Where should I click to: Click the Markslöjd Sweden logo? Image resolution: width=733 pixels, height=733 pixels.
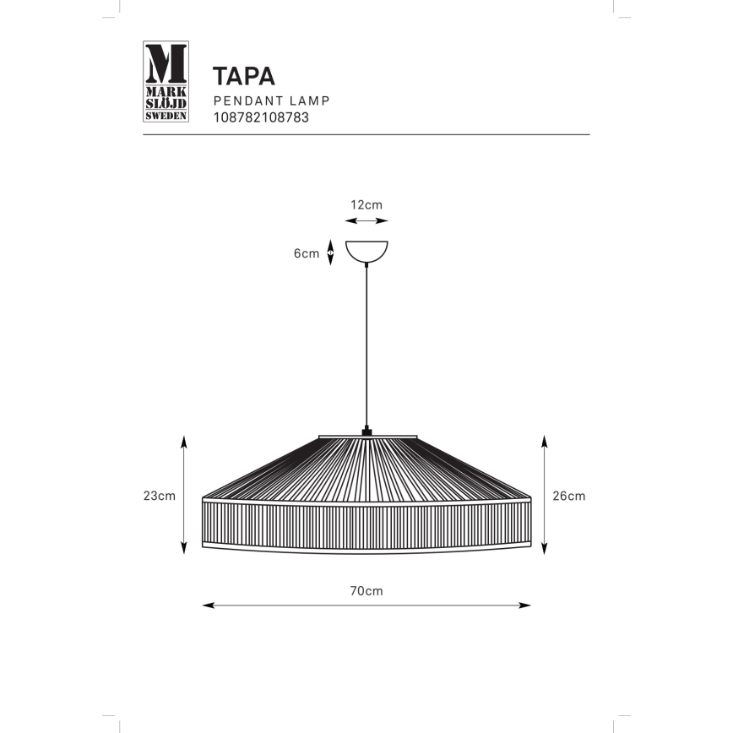166,82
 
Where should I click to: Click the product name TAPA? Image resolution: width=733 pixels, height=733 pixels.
244,76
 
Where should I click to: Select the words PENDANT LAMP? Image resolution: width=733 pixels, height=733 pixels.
270,100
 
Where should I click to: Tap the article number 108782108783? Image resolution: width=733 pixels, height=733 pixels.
260,117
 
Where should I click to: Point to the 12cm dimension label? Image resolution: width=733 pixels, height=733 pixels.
366,204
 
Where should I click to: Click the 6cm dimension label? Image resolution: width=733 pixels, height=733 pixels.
306,253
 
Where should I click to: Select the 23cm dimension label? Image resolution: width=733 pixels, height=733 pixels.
160,496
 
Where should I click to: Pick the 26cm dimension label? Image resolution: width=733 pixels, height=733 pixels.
568,496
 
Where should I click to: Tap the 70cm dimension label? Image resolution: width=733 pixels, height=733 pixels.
366,591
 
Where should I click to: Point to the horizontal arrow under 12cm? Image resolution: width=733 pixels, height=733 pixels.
367,221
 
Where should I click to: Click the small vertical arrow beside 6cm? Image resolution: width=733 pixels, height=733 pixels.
330,252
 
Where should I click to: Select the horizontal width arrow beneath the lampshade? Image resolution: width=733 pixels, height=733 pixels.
366,605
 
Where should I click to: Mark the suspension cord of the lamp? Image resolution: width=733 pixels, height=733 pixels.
367,346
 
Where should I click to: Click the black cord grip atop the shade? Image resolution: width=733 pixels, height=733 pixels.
367,432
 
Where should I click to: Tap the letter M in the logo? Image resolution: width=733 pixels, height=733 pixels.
166,62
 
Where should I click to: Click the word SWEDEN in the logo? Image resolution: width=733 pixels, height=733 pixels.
166,116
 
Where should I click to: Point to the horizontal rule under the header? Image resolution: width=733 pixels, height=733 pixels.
366,135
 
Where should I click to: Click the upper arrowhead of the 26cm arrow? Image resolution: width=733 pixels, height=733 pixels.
545,440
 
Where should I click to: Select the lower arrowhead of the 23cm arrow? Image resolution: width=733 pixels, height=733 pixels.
184,550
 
